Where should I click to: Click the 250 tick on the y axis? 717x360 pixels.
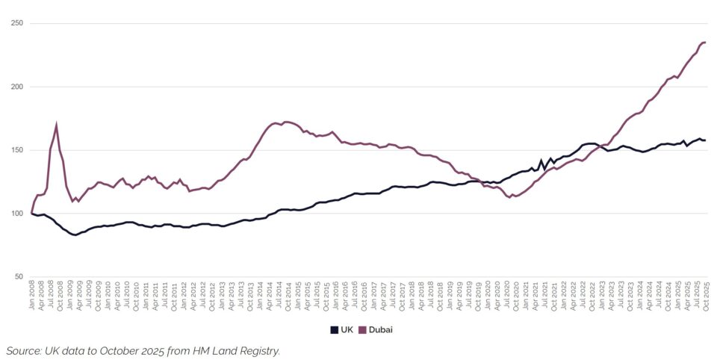[x=16, y=23]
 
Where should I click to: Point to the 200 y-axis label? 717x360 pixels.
[x=16, y=87]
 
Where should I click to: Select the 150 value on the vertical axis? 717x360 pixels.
[x=16, y=150]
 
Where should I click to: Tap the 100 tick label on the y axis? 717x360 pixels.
[x=16, y=214]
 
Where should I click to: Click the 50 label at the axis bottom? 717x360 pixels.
[x=19, y=277]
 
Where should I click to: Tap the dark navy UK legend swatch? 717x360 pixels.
[x=334, y=329]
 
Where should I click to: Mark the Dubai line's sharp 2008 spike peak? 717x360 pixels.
[x=57, y=125]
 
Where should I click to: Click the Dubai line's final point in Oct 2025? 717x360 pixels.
[x=705, y=43]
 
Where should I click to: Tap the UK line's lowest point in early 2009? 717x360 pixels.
[x=75, y=235]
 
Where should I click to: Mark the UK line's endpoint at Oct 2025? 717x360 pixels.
[x=705, y=140]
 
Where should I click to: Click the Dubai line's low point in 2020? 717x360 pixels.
[x=510, y=197]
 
